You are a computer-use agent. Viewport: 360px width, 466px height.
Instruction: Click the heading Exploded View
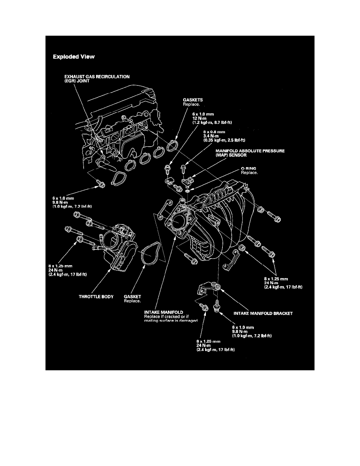pyautogui.click(x=74, y=57)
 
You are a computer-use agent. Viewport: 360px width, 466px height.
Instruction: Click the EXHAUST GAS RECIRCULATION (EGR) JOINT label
pyautogui.click(x=91, y=79)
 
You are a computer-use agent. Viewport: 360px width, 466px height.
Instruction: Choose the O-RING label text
pyautogui.click(x=249, y=168)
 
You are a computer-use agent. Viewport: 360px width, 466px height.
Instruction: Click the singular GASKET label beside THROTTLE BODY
pyautogui.click(x=132, y=297)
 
